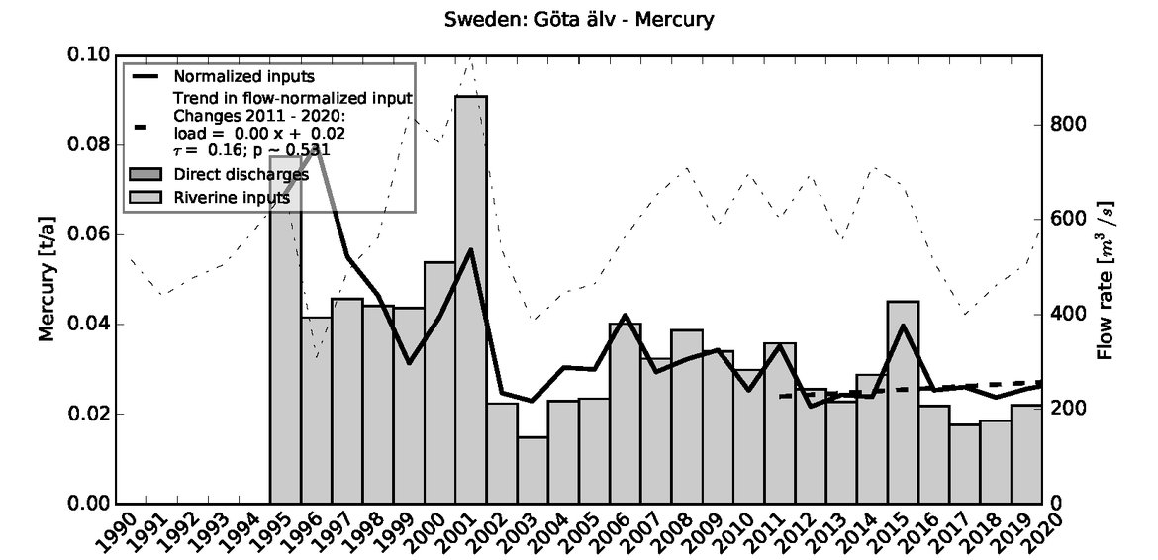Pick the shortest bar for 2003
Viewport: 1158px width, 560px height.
(x=532, y=470)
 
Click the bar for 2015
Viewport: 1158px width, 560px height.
(x=903, y=402)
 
